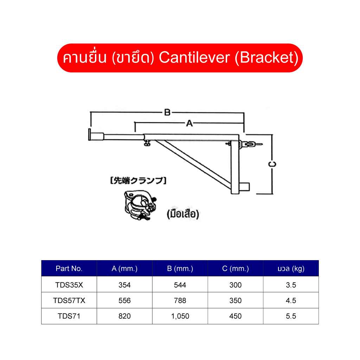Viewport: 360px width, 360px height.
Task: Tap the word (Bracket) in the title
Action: click(266, 58)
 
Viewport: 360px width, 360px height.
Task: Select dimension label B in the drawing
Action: click(167, 112)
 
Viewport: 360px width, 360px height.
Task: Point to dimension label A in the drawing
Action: click(189, 123)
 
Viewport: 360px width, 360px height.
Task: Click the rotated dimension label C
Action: click(272, 164)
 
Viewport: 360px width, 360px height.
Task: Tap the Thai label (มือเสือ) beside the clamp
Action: click(183, 214)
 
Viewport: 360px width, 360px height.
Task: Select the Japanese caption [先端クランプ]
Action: click(138, 180)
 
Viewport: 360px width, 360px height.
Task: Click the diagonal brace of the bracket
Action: click(193, 165)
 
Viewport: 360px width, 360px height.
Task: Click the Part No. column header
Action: click(69, 268)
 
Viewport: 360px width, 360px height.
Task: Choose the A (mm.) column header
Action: click(125, 268)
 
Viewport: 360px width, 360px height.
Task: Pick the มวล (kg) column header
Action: click(291, 268)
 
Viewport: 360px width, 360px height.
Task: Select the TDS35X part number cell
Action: click(69, 285)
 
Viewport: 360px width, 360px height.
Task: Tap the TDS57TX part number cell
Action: click(69, 300)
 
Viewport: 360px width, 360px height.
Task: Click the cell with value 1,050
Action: click(180, 316)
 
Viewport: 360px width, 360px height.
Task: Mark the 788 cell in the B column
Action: click(180, 300)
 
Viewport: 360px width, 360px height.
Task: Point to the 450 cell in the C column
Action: click(236, 316)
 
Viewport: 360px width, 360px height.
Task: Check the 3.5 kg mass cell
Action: click(291, 285)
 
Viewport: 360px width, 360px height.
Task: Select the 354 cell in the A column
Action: click(125, 285)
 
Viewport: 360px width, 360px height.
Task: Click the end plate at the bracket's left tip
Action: click(89, 135)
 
